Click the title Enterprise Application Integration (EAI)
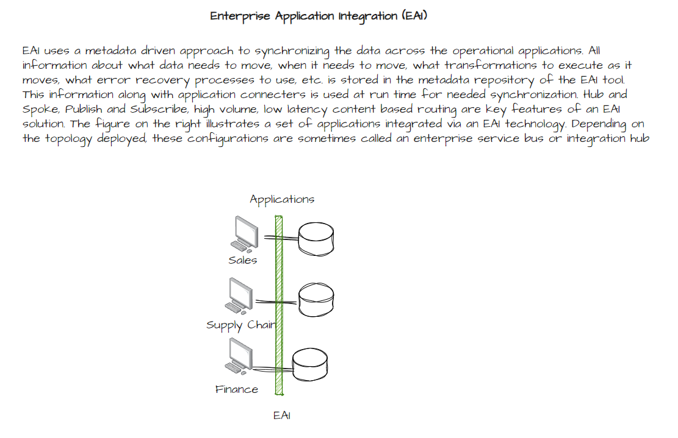[318, 16]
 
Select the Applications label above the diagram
[282, 200]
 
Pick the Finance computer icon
[239, 356]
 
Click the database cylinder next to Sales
[316, 238]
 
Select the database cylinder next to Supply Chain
[316, 299]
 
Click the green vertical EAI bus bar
[279, 305]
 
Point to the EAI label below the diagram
[282, 416]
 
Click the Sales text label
[243, 261]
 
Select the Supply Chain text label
[240, 325]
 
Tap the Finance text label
[237, 389]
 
